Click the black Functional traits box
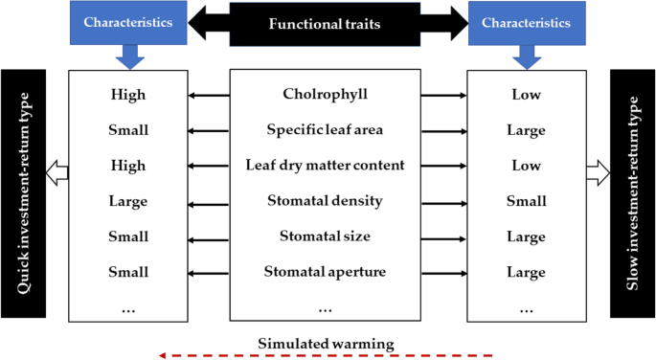[325, 23]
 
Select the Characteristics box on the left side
[129, 21]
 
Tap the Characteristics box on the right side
[525, 21]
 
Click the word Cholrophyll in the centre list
[325, 94]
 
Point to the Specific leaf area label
[325, 129]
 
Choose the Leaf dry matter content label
[325, 165]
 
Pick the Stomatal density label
[325, 200]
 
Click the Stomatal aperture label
[325, 272]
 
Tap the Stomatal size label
[325, 236]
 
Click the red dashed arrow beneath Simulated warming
[326, 355]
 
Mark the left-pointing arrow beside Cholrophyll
[209, 95]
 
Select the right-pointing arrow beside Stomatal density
[441, 201]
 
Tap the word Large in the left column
[128, 201]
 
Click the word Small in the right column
[526, 201]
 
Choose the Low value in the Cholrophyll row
[526, 94]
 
